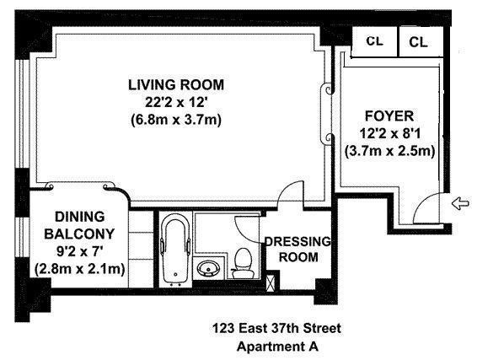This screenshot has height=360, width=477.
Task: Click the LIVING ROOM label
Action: [x=176, y=85]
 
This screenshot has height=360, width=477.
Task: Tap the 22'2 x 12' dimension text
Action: [x=176, y=102]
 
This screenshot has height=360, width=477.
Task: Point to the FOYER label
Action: [x=389, y=116]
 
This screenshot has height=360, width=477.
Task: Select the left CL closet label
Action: [x=374, y=40]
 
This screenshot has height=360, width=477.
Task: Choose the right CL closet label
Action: [x=418, y=42]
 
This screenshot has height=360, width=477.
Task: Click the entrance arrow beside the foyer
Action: [x=460, y=203]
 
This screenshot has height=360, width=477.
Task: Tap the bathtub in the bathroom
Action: [x=175, y=250]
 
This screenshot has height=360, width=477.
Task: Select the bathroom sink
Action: [x=208, y=268]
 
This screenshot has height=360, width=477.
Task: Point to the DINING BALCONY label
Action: [x=79, y=225]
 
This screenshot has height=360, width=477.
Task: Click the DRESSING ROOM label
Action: [x=298, y=250]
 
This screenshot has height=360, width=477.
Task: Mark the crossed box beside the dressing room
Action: [x=271, y=283]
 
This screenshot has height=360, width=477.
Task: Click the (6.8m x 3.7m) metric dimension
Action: [x=176, y=120]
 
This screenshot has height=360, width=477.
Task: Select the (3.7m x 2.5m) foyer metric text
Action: [x=389, y=151]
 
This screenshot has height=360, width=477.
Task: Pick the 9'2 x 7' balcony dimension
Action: [x=79, y=251]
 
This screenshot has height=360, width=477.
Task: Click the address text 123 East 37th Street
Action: [x=276, y=329]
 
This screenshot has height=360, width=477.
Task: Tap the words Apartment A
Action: [x=277, y=347]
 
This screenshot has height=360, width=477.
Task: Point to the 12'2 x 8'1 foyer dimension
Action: [x=389, y=133]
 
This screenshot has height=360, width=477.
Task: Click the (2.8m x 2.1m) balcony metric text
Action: [x=80, y=269]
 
